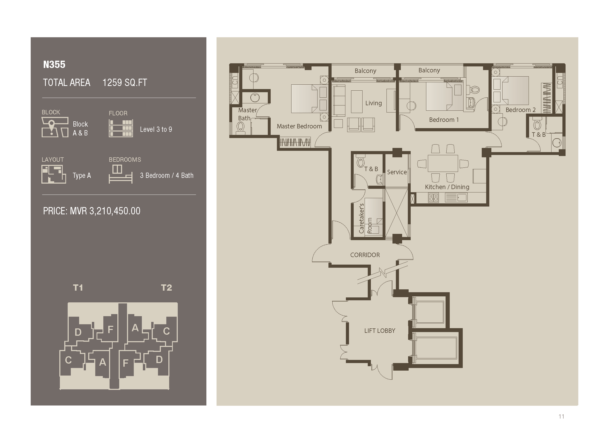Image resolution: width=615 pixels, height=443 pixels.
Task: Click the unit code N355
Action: (54, 65)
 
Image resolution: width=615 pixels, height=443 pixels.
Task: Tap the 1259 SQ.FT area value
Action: (124, 83)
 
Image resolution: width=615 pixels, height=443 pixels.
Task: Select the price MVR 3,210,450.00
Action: (92, 211)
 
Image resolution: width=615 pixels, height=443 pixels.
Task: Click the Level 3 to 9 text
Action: (156, 129)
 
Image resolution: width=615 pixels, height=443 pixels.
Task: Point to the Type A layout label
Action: (82, 176)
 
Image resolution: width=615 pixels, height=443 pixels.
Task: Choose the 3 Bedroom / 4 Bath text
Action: (167, 176)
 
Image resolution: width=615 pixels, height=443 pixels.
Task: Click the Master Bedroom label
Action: (299, 126)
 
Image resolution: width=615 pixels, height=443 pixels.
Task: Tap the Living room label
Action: (373, 103)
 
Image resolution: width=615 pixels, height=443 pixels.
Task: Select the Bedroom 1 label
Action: (444, 120)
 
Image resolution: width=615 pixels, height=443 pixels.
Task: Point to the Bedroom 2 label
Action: (520, 110)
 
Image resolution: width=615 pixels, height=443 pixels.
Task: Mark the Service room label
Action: (397, 172)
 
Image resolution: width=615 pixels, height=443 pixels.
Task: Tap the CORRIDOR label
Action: (365, 255)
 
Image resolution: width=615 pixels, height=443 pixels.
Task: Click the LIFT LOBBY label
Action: (380, 331)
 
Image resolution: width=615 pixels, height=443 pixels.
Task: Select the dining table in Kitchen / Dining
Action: (442, 163)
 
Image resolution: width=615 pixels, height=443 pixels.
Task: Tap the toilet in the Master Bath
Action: (240, 127)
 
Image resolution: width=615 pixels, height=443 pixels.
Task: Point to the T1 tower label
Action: (78, 288)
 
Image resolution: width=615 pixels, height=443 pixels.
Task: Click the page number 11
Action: (561, 416)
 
